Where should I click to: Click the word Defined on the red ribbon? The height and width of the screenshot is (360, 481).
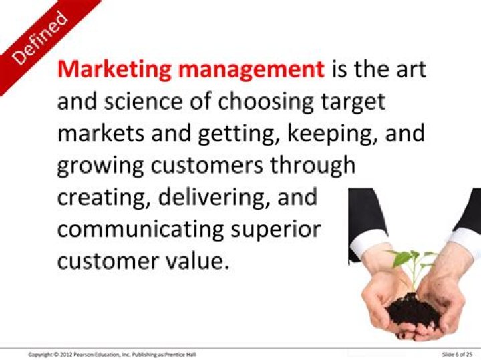(41, 38)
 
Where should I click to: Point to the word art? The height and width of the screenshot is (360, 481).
(408, 69)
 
